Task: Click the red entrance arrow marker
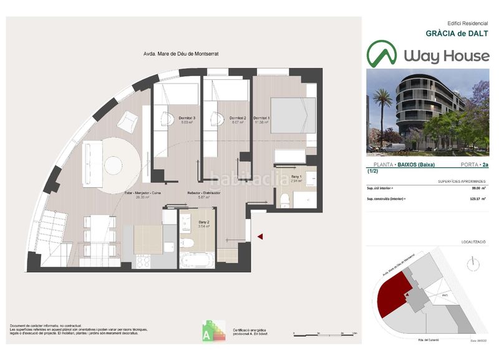click(x=261, y=236)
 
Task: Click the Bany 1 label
click(x=295, y=178)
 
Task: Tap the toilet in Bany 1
click(x=284, y=199)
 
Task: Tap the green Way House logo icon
click(x=381, y=54)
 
